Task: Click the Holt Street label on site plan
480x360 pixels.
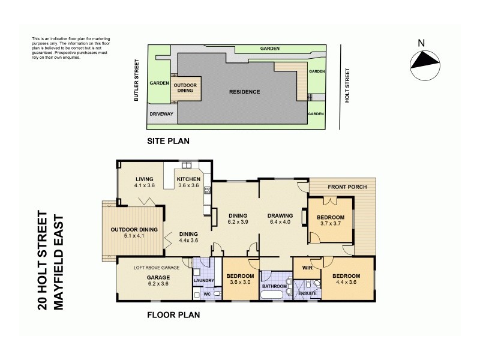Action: pos(347,86)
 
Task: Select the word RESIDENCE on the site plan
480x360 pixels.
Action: pos(245,92)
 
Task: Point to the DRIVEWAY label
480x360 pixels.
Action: pos(161,113)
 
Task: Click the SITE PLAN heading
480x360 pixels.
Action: pos(169,142)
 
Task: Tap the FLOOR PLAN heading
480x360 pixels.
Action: pos(173,314)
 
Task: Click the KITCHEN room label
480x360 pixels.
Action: pos(188,179)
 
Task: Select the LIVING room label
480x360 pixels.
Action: pos(144,179)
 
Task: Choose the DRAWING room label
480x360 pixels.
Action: pos(280,216)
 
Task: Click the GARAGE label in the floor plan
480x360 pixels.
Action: pos(160,277)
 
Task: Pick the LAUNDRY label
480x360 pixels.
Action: pos(204,280)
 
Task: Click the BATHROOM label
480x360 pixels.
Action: pos(274,287)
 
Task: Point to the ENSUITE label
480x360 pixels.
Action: pos(307,293)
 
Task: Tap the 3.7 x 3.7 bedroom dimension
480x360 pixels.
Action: pos(331,223)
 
